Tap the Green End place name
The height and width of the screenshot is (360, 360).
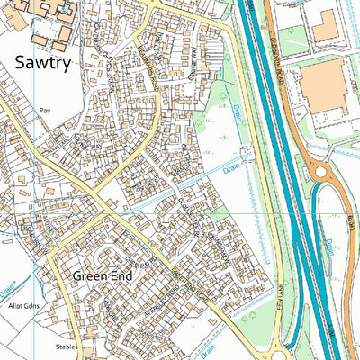pos(102,276)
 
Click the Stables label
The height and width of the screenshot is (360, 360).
pos(66,346)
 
